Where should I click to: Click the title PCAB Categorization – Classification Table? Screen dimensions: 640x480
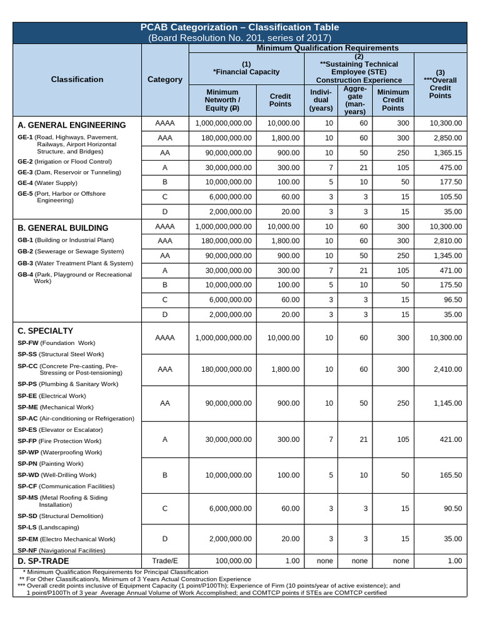point(240,27)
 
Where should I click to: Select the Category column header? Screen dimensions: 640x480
point(165,79)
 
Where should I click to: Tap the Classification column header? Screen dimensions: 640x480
point(77,79)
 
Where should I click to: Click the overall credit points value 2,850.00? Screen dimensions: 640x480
point(447,137)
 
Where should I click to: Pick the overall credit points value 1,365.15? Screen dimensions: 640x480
point(447,152)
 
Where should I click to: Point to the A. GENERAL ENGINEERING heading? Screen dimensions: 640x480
point(72,125)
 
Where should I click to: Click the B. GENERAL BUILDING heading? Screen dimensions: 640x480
point(63,228)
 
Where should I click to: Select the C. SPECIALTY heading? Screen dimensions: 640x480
point(46,331)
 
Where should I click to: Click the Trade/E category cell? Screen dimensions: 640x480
point(165,561)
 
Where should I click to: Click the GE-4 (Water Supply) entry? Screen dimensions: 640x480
point(47,182)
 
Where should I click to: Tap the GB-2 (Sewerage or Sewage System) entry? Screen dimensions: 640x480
point(71,251)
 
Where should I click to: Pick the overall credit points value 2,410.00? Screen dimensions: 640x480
point(447,369)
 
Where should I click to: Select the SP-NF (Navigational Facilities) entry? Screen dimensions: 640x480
point(61,550)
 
